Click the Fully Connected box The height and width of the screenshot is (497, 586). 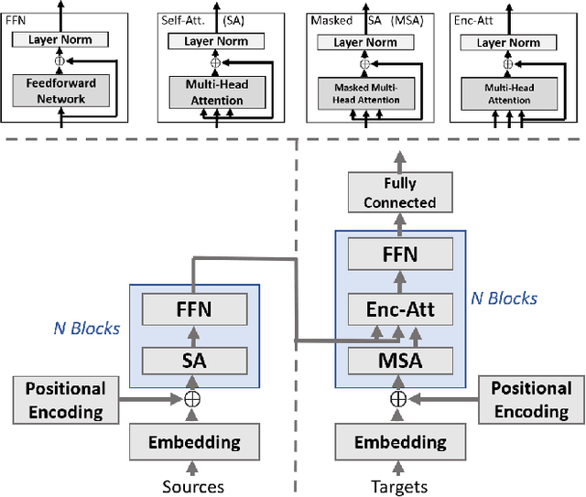click(x=398, y=193)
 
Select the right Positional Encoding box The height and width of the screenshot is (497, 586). click(x=531, y=399)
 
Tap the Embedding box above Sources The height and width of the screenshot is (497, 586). click(x=193, y=442)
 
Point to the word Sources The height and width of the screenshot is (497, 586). click(x=193, y=485)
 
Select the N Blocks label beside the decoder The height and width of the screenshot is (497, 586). click(x=504, y=297)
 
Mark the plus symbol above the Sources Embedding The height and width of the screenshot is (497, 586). click(x=193, y=399)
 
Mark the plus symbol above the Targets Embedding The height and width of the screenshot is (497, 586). click(x=397, y=399)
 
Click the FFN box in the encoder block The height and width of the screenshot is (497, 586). click(x=193, y=309)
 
